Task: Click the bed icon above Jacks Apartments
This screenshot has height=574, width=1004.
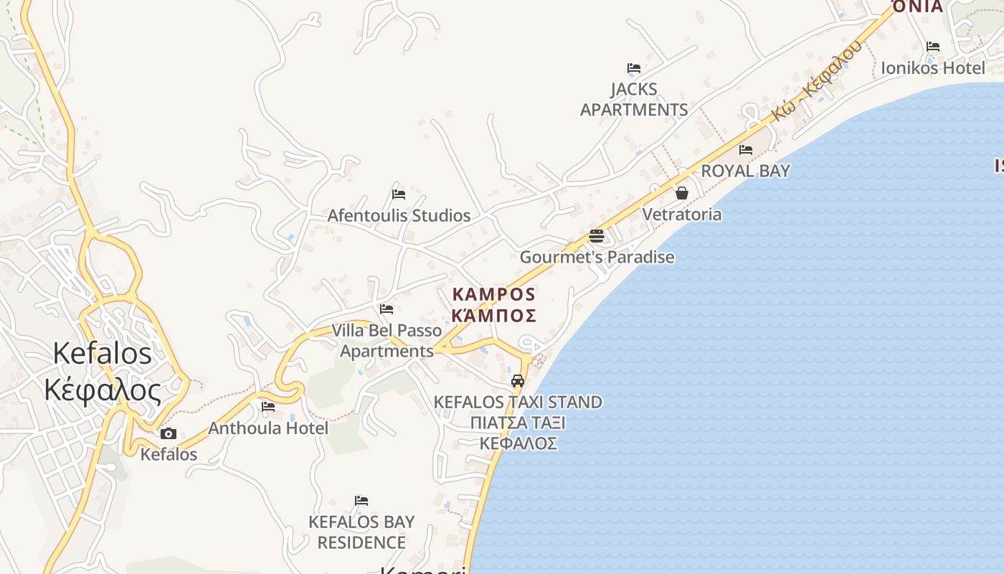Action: click(634, 68)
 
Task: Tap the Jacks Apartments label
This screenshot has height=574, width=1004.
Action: click(634, 100)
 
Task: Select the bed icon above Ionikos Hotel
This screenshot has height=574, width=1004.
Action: click(932, 47)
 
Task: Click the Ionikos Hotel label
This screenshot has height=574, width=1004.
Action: click(933, 68)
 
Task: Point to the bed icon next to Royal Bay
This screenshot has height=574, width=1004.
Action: click(746, 150)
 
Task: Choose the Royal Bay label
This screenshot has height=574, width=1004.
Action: click(745, 171)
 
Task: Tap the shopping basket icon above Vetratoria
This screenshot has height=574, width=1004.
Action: click(681, 193)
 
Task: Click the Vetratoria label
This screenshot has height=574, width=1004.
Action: click(681, 214)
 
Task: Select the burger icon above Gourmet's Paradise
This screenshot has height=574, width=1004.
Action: click(597, 235)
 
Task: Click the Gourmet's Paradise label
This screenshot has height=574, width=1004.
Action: click(597, 257)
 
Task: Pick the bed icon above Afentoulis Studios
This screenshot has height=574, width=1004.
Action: click(399, 194)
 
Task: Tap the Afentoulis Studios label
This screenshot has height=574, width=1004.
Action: click(399, 215)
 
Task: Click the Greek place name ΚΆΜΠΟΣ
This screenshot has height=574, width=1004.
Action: click(495, 316)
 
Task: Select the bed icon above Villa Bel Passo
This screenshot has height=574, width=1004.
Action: click(387, 309)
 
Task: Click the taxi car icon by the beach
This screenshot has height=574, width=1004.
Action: click(518, 380)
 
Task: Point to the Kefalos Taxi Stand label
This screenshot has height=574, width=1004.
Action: click(518, 402)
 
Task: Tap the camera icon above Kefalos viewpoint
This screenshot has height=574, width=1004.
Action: click(169, 433)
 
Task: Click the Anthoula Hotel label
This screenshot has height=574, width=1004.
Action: click(268, 428)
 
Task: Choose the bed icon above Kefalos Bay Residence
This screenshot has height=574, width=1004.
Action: click(361, 500)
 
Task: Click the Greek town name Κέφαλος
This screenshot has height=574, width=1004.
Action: click(102, 390)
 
